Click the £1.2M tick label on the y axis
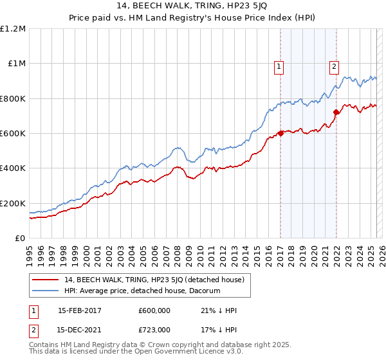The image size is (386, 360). [x=13, y=29]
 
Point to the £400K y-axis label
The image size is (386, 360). [x=13, y=168]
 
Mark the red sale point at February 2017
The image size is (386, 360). [x=280, y=134]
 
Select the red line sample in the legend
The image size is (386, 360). [x=46, y=280]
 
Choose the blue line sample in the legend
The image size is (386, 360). [x=46, y=291]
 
